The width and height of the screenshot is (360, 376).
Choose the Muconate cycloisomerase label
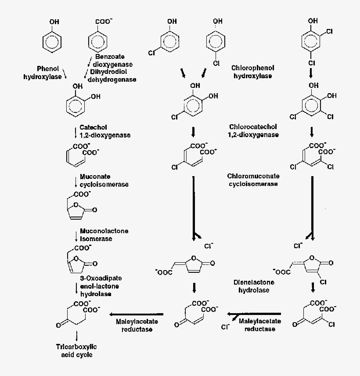coord(104,180)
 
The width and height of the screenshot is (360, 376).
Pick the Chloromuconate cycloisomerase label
coord(253,180)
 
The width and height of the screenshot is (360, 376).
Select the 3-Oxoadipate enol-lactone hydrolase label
coord(101,286)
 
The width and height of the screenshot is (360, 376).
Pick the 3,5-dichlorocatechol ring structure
coord(311,105)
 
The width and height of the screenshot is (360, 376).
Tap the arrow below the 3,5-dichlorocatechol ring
coord(311,131)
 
